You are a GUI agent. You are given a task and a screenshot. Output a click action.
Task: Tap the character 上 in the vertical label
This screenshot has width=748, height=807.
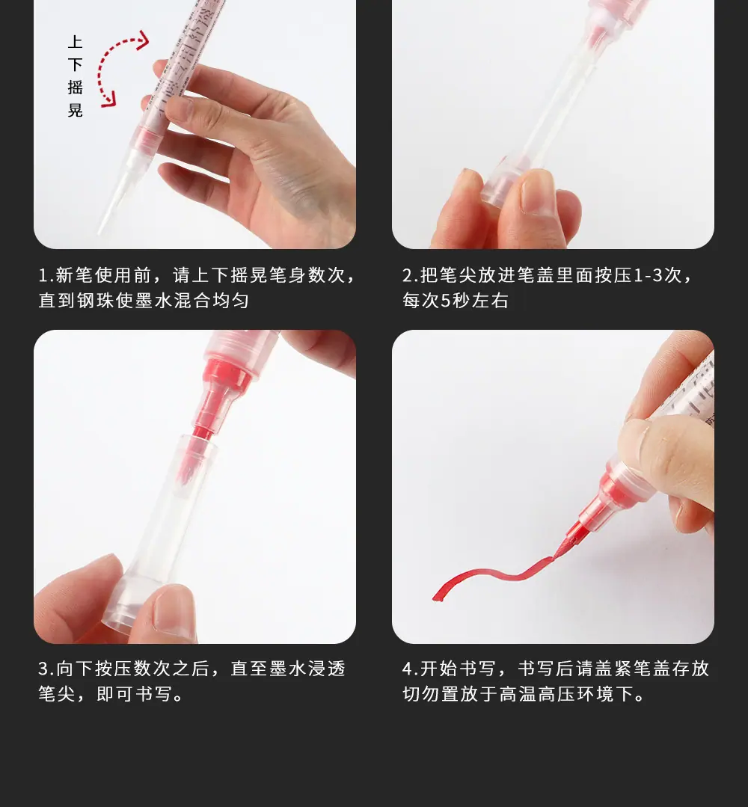(x=75, y=42)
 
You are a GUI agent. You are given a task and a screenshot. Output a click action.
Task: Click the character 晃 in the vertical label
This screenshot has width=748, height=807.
(x=75, y=110)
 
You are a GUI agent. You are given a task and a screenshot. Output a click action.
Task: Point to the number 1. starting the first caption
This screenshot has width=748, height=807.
(x=46, y=275)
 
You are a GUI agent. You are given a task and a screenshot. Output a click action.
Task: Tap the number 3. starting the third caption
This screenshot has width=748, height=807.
(x=46, y=669)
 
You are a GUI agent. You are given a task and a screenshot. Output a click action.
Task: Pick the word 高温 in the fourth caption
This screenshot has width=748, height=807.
(x=518, y=694)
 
